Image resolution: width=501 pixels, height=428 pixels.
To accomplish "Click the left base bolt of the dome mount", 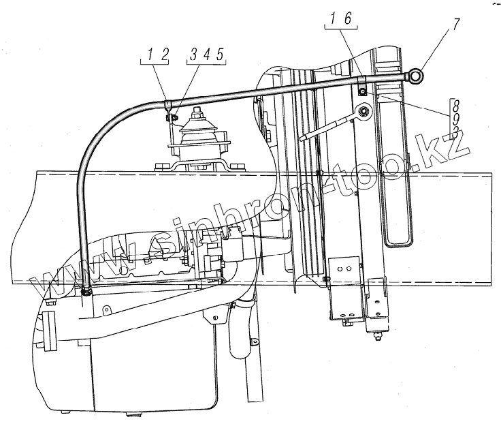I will pyautogui.click(x=161, y=164).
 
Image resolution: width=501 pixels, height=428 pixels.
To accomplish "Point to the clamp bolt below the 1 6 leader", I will pyautogui.click(x=362, y=91).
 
